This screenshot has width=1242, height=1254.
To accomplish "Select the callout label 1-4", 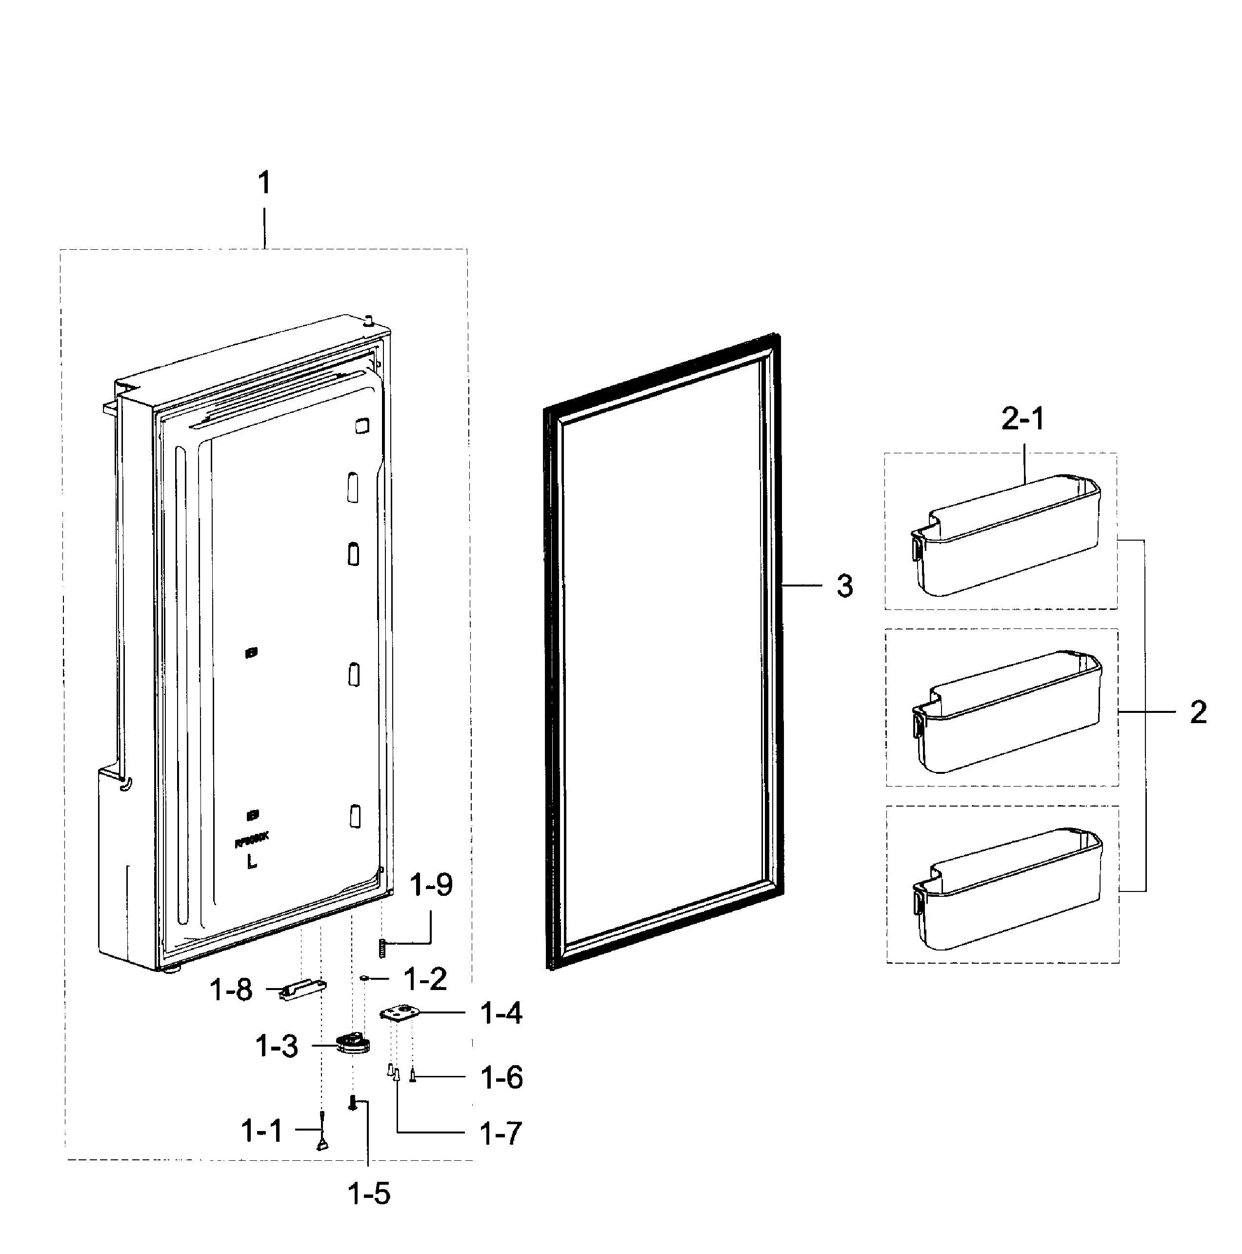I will point(501,1012).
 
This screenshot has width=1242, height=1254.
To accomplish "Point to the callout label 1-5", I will point(369,1193).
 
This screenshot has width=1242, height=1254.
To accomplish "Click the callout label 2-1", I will point(1023,419).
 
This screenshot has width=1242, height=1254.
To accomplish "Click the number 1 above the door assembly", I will point(264,183).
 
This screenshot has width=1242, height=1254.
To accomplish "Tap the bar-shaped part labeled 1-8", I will point(302,990).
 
